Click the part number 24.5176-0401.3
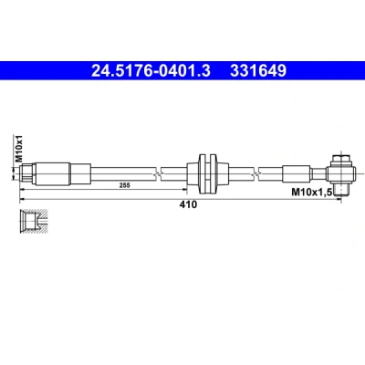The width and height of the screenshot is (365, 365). [x=151, y=71]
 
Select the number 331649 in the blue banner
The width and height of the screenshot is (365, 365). [x=258, y=71]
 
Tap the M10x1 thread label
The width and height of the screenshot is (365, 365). [x=19, y=149]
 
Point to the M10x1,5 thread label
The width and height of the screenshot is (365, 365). [x=311, y=192]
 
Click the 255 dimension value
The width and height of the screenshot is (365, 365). [x=124, y=185]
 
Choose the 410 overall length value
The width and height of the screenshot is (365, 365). [x=188, y=204]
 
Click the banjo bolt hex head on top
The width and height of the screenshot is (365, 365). [x=341, y=160]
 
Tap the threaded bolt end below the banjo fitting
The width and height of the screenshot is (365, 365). [x=341, y=190]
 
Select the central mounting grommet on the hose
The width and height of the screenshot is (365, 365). [x=208, y=174]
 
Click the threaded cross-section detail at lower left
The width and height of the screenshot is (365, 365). [x=34, y=222]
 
